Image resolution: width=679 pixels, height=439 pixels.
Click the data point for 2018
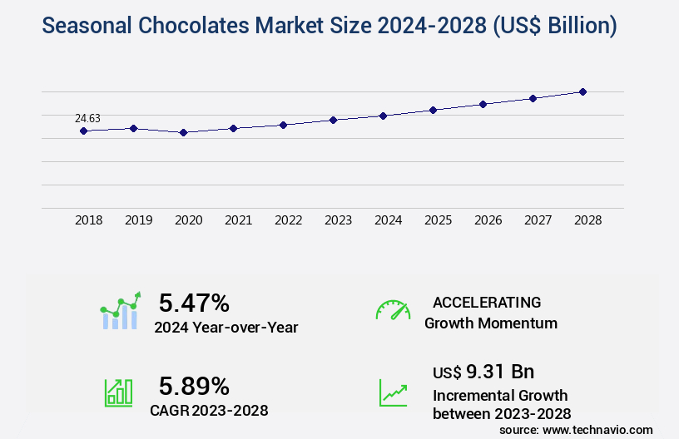83,131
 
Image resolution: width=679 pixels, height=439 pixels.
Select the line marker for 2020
183,132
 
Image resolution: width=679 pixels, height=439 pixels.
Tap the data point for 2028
582,91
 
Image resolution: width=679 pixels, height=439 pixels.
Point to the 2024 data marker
383,116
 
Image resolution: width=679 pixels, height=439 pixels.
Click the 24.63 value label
87,118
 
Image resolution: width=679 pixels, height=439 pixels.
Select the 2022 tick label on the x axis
288,220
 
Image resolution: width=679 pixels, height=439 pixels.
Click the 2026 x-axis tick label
488,220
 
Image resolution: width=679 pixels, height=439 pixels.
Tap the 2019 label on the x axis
138,220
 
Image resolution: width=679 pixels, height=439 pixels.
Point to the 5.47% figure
194,303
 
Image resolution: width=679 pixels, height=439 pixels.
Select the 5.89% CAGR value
194,386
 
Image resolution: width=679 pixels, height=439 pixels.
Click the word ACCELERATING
487,303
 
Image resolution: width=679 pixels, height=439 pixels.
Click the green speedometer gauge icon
393,310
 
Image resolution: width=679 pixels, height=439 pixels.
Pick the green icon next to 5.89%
118,392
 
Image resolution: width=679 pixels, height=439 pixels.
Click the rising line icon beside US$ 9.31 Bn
393,392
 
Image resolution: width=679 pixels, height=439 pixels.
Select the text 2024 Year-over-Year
226,328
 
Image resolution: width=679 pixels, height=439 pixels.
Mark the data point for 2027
533,98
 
